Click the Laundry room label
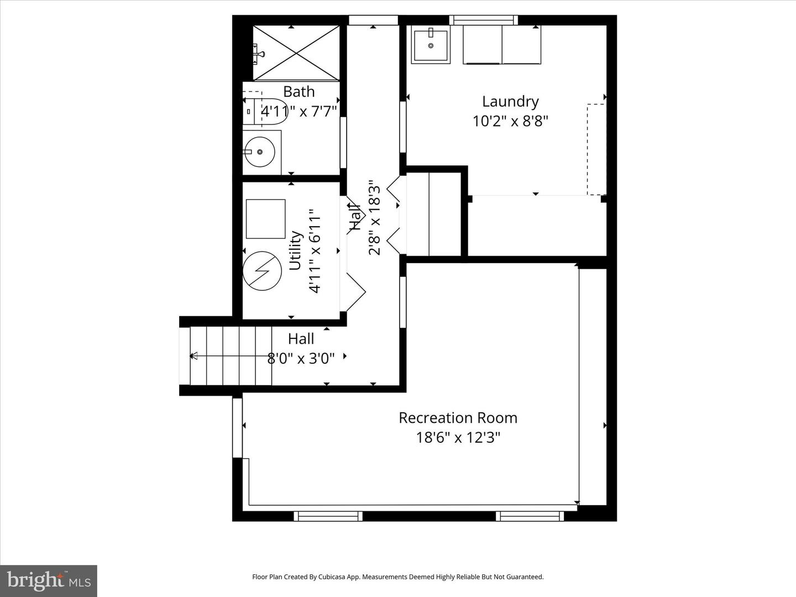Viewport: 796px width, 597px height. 510,102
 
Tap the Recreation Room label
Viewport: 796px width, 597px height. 458,418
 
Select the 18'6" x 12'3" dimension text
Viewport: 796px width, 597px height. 458,438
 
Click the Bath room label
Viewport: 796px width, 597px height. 298,92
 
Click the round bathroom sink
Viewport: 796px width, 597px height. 260,151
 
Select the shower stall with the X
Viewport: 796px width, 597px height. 296,53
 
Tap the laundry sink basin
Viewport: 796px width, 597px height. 431,45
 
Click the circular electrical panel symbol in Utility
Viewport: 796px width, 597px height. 263,271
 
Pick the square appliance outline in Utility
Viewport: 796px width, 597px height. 265,219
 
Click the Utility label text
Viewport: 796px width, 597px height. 295,250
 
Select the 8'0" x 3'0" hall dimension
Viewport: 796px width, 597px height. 301,359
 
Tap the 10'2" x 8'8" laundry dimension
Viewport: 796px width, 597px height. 510,121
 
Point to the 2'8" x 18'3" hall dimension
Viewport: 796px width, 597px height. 375,217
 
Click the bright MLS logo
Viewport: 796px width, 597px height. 49,580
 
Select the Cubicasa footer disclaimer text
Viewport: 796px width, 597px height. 397,577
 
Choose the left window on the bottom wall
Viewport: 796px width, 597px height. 328,516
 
